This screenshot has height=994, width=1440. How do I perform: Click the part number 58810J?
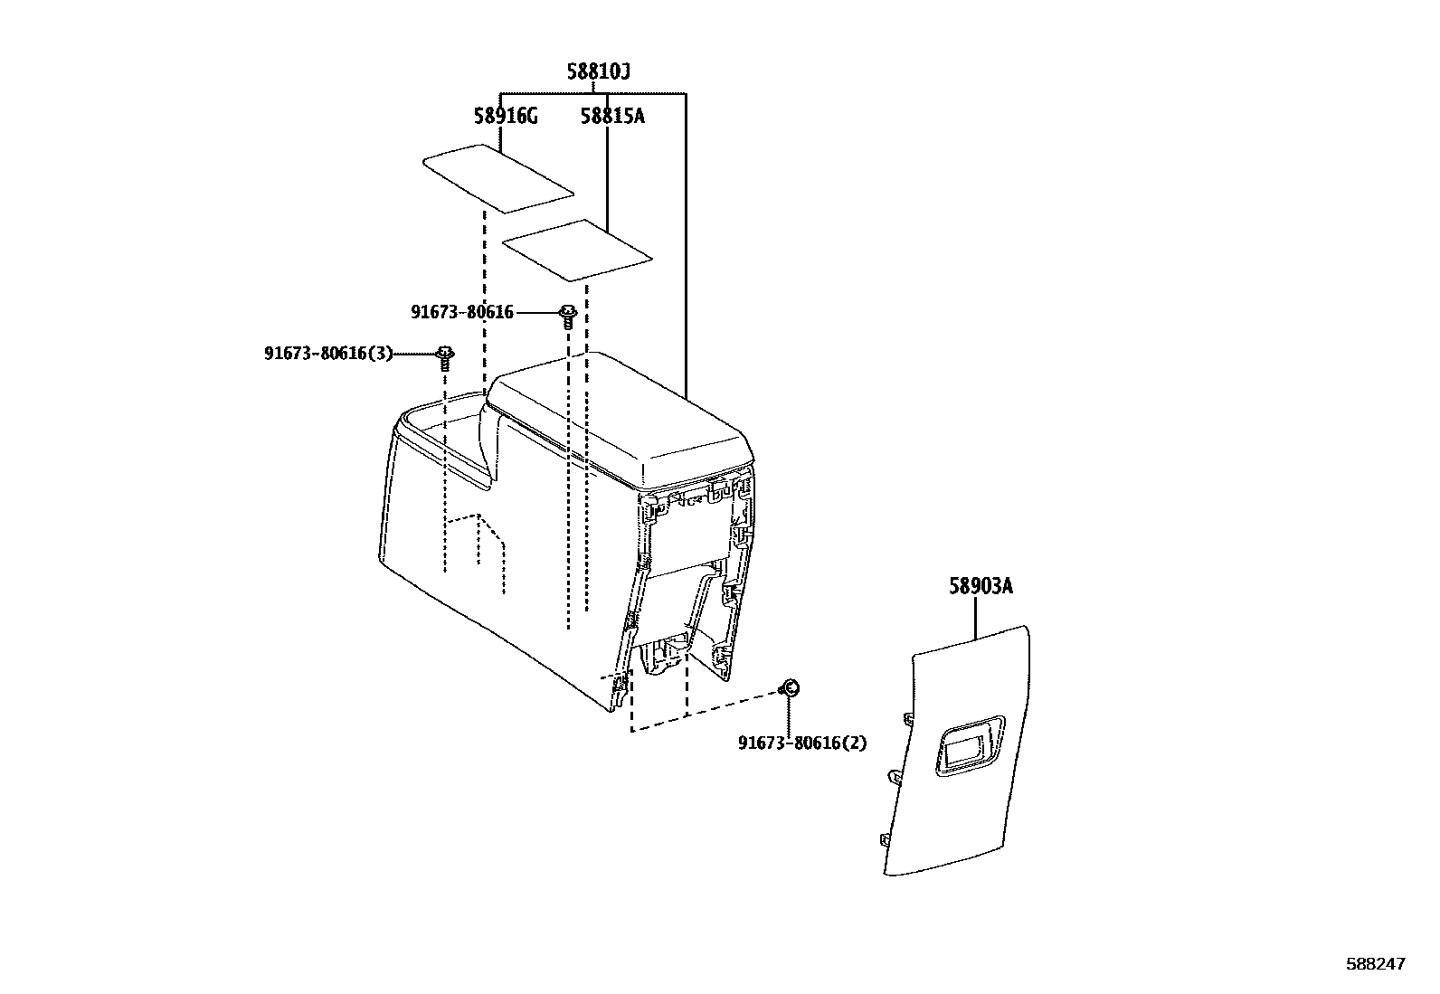[x=598, y=72]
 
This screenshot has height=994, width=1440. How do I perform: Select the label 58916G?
[x=506, y=116]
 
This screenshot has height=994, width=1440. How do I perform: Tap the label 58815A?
[x=612, y=116]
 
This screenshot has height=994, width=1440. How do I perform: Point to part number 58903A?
[x=981, y=587]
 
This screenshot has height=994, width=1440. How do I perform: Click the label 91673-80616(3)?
[x=328, y=353]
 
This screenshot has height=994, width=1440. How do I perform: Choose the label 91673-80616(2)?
[x=802, y=743]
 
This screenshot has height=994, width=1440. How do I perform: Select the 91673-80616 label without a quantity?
[x=461, y=312]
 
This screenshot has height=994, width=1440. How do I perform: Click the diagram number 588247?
[x=1376, y=965]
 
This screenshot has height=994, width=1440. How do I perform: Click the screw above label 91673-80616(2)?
[x=788, y=689]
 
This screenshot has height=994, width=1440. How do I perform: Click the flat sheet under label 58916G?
[x=498, y=178]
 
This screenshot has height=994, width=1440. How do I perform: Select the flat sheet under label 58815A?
[x=576, y=248]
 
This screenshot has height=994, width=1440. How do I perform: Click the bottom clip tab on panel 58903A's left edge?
[x=882, y=839]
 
